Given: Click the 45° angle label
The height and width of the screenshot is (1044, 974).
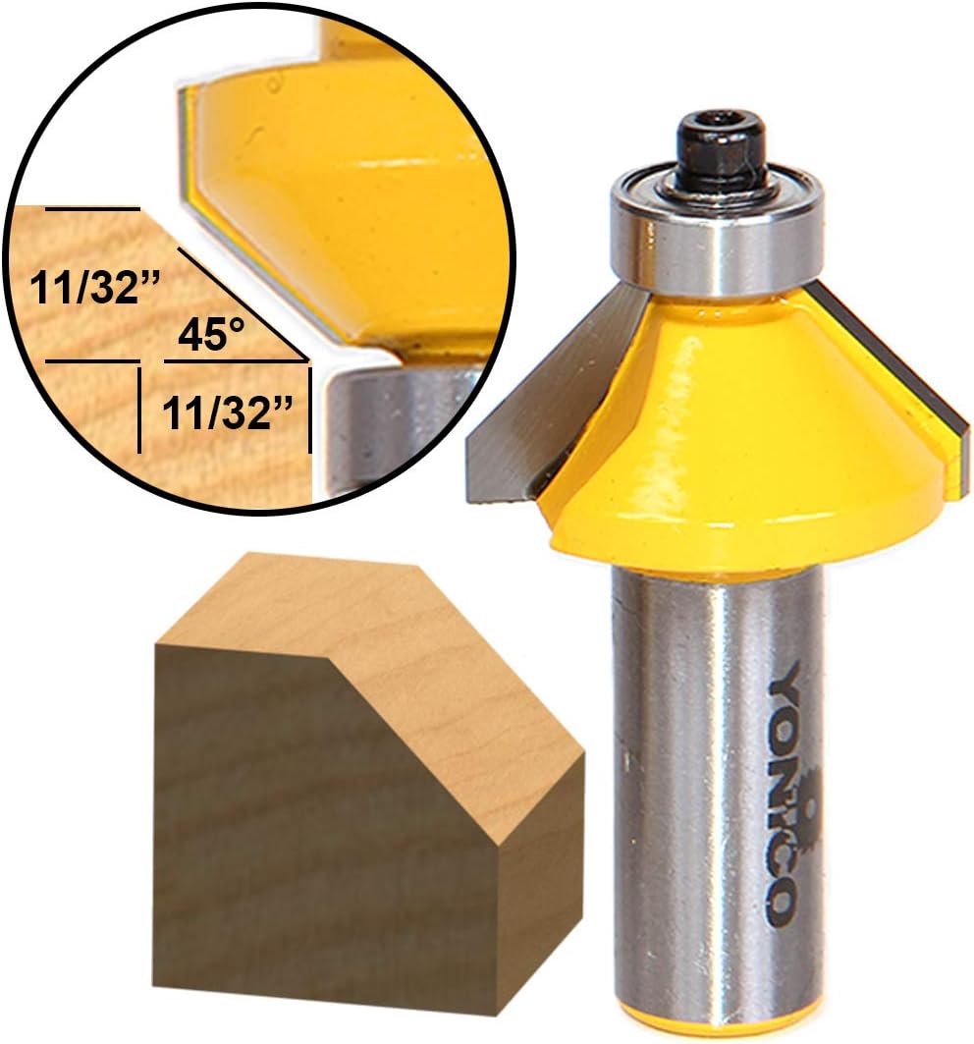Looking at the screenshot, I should point(212,337).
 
